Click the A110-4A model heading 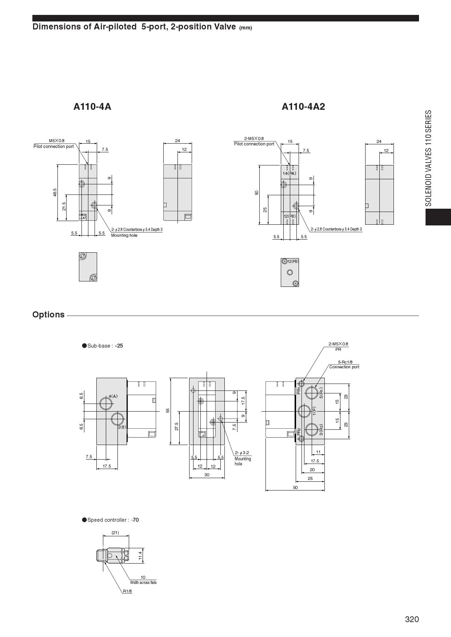point(92,107)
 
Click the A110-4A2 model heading point(303,107)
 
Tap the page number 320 point(412,619)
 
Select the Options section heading point(48,315)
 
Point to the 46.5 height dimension point(55,192)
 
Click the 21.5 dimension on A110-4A point(64,207)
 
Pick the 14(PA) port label point(290,173)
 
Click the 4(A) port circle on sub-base point(106,403)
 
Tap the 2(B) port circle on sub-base point(117,418)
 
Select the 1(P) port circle point(304,411)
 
